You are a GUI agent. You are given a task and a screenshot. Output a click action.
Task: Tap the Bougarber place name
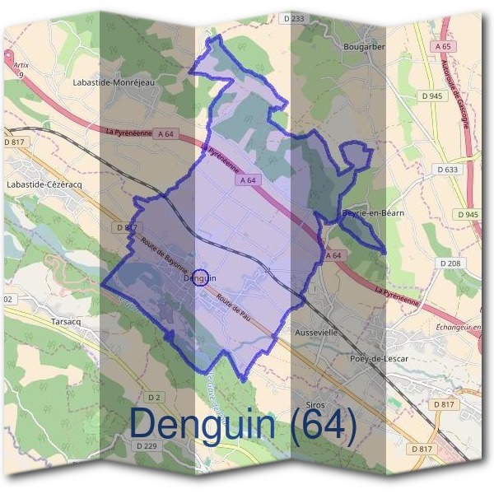(x=363, y=47)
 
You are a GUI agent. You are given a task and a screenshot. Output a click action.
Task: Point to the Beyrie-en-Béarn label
(x=372, y=213)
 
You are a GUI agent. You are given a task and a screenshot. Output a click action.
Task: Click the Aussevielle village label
(x=315, y=332)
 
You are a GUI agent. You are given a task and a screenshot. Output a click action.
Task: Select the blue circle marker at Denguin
(x=200, y=277)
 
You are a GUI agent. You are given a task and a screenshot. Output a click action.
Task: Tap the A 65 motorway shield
(x=441, y=47)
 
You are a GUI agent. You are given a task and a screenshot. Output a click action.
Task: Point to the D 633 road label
(x=448, y=170)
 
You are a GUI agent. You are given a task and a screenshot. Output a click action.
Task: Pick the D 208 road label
(x=450, y=263)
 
